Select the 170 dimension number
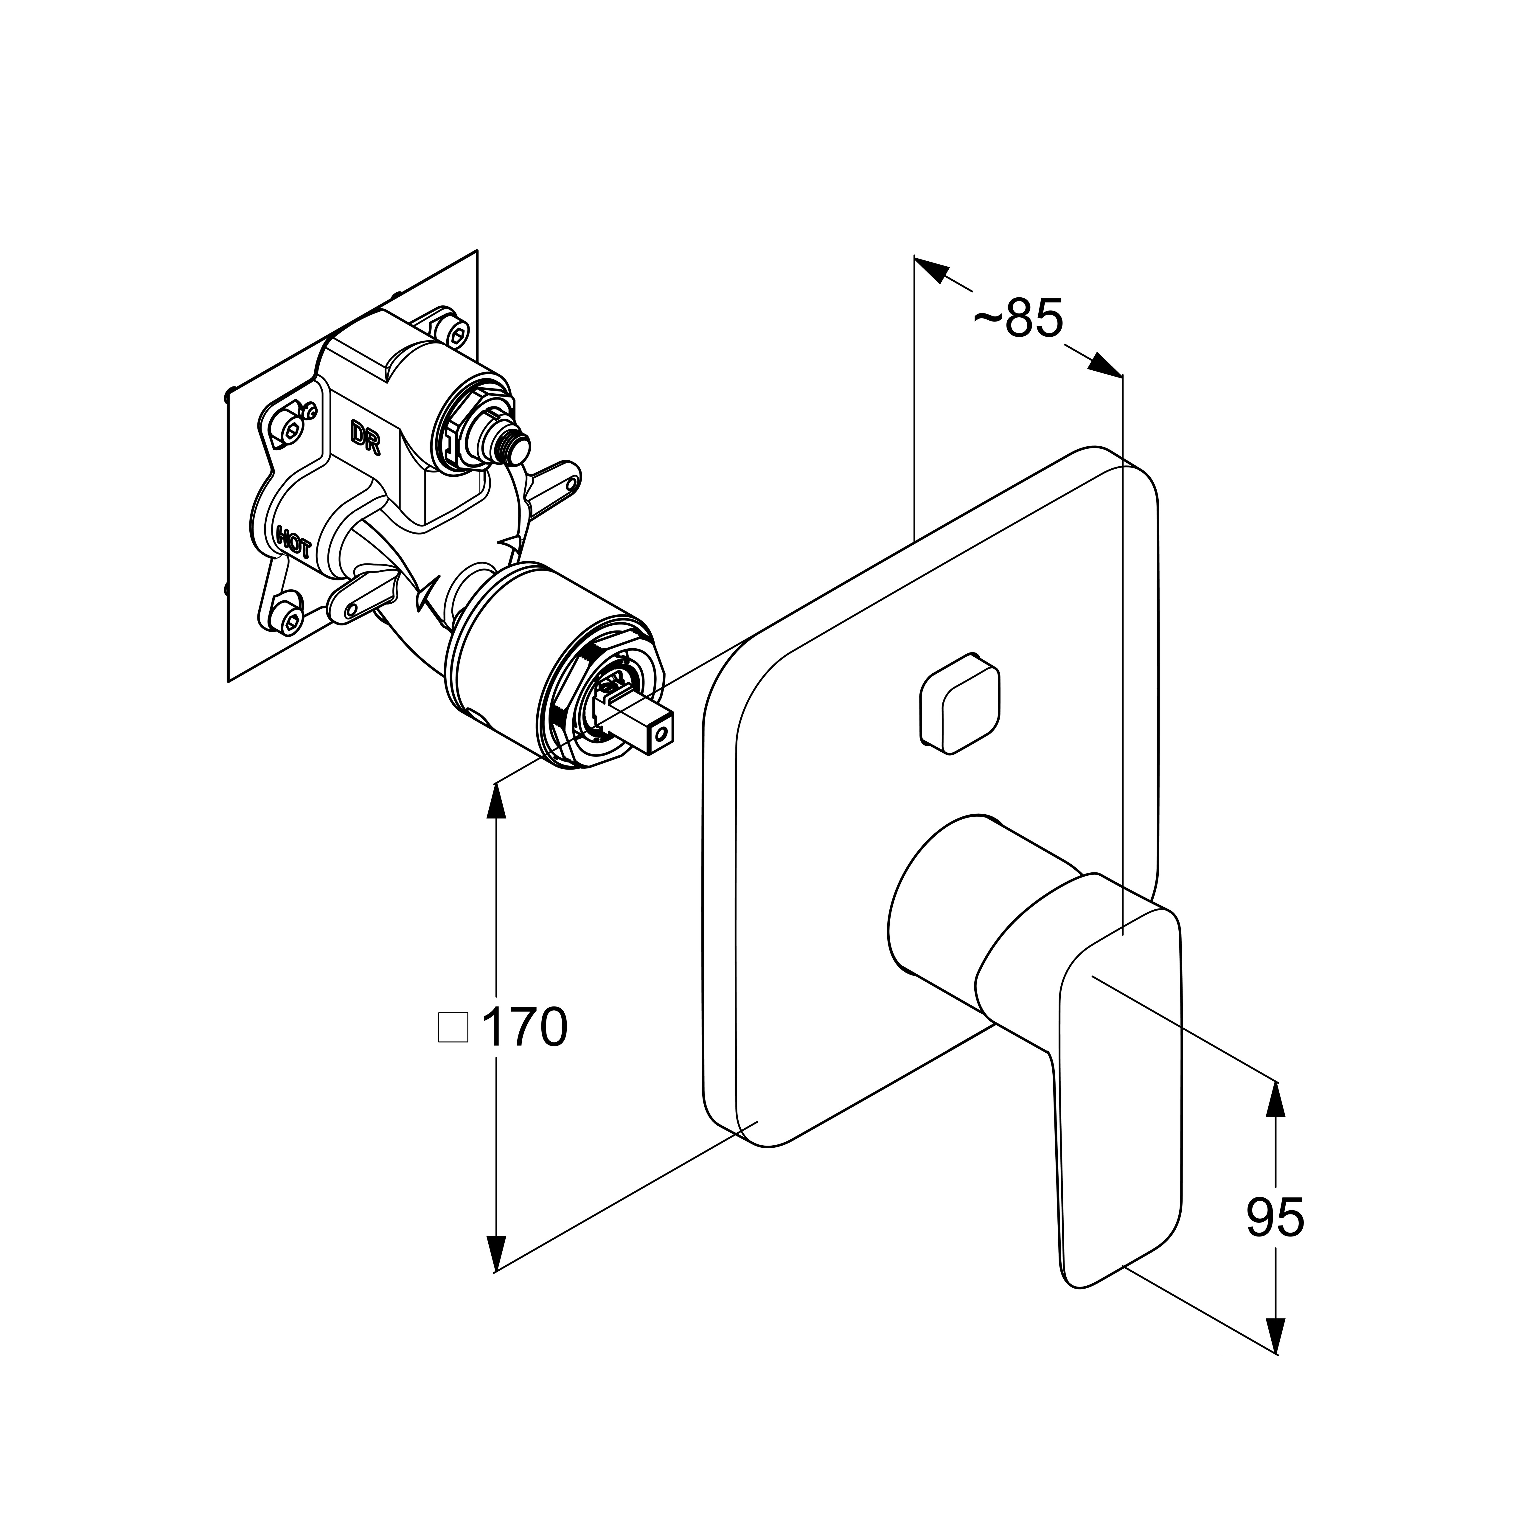pos(524,1027)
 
